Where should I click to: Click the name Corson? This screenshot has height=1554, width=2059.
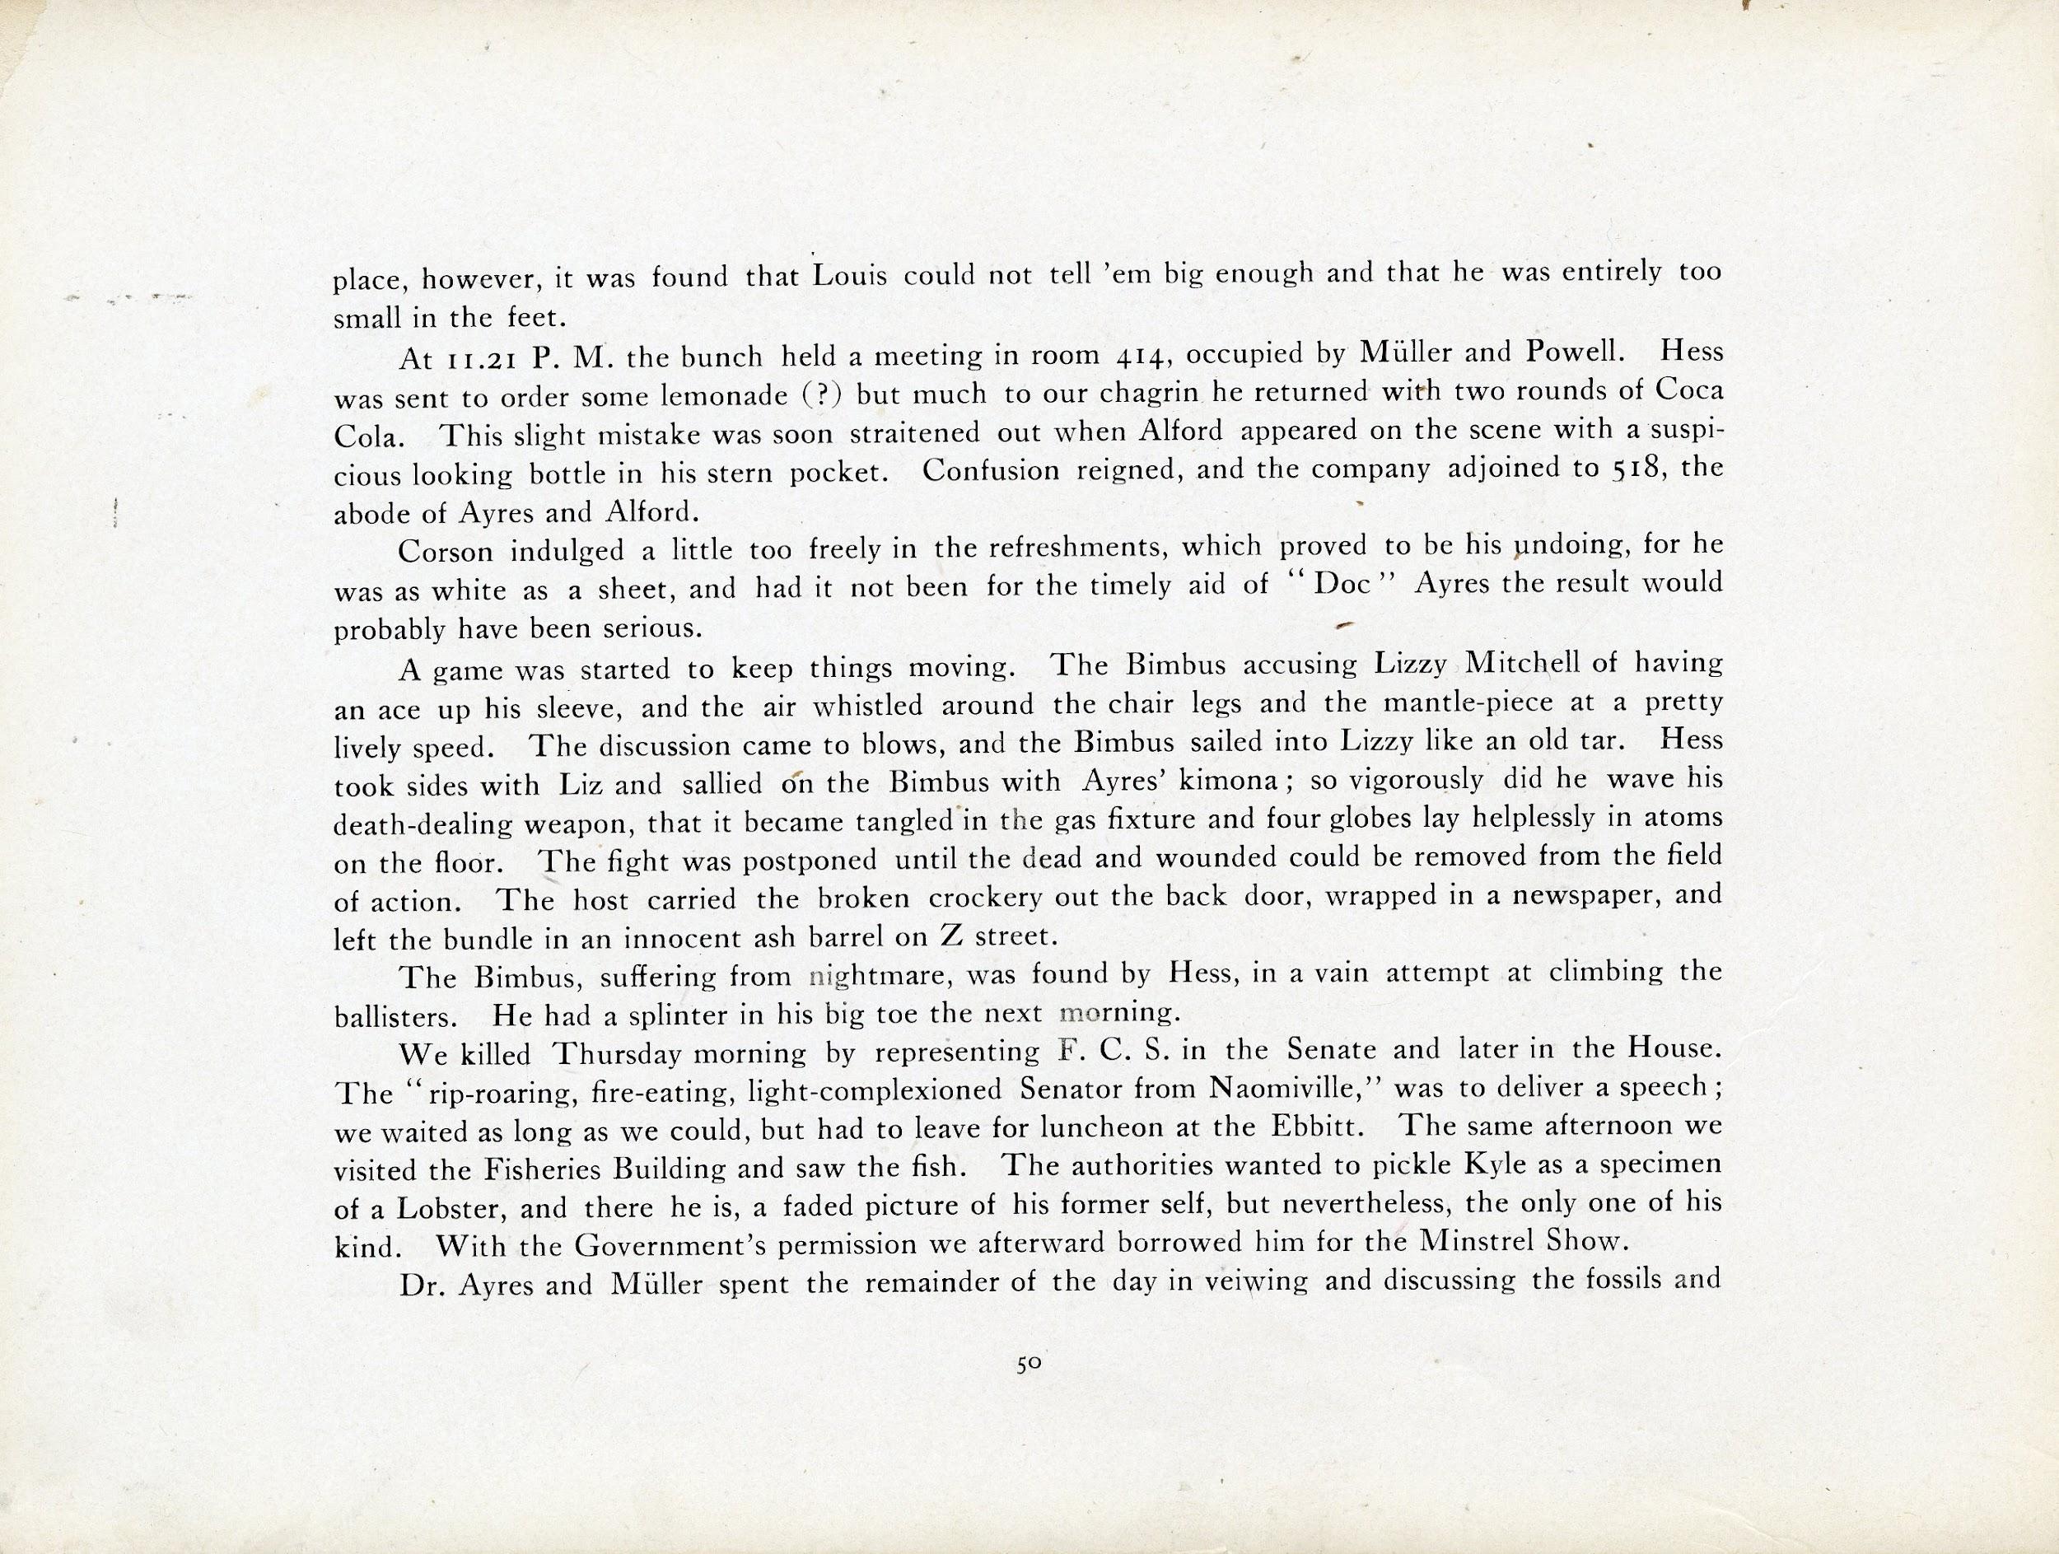point(445,551)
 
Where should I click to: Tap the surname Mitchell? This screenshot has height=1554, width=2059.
point(1523,663)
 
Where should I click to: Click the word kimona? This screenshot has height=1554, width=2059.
point(1230,782)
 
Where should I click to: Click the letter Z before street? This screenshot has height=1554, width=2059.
point(950,936)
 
